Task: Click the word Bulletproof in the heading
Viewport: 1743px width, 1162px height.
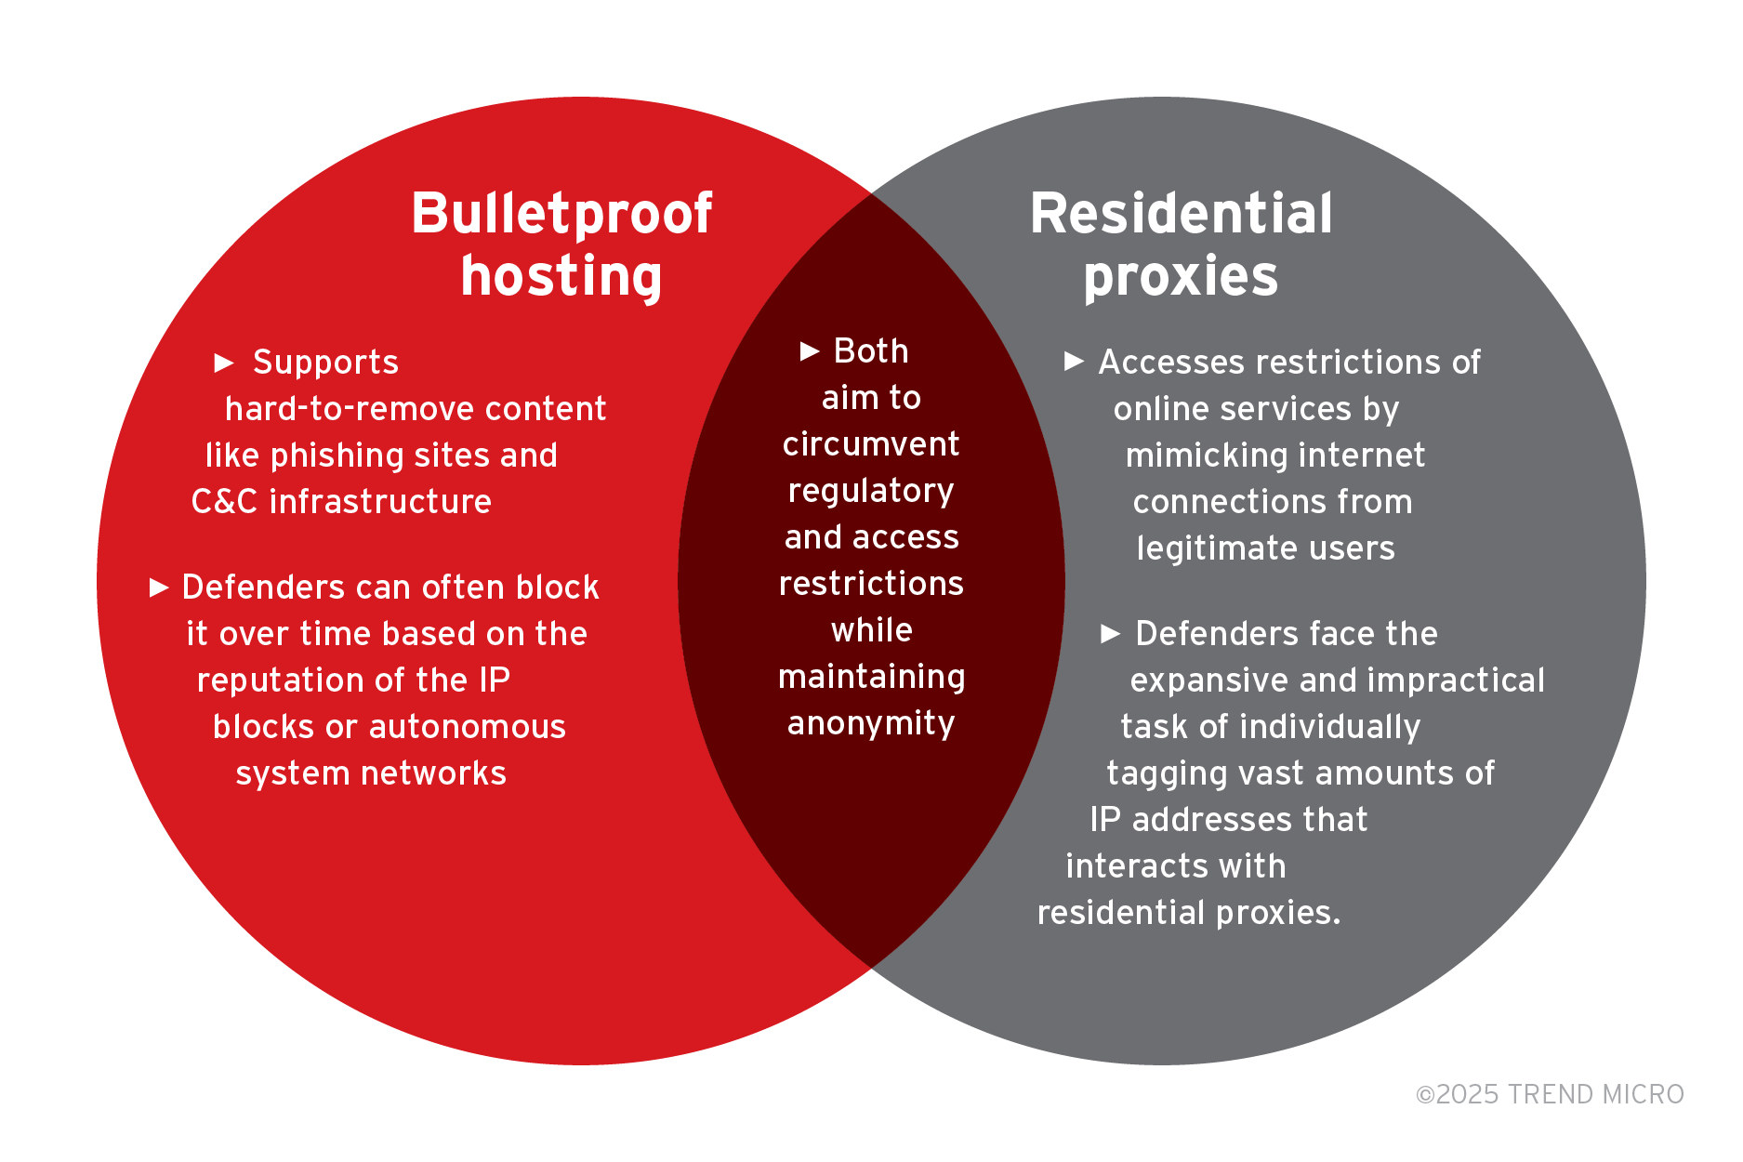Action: pyautogui.click(x=561, y=215)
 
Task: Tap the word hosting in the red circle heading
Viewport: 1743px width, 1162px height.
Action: pyautogui.click(x=561, y=277)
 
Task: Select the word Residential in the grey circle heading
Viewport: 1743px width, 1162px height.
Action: pyautogui.click(x=1181, y=215)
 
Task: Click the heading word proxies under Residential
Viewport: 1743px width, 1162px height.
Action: pyautogui.click(x=1181, y=277)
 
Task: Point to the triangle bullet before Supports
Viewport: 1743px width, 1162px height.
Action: pyautogui.click(x=224, y=363)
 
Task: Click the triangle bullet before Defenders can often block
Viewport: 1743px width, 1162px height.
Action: pyautogui.click(x=159, y=588)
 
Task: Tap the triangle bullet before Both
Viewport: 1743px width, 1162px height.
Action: pyautogui.click(x=810, y=351)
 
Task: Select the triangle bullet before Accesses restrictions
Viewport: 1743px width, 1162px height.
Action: pyautogui.click(x=1074, y=362)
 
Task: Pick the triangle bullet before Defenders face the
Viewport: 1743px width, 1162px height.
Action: pyautogui.click(x=1111, y=634)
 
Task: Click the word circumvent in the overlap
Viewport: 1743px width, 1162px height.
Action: pyautogui.click(x=871, y=444)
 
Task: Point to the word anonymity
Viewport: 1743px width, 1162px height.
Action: pyautogui.click(x=871, y=724)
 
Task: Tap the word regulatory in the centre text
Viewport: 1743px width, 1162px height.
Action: pyautogui.click(x=871, y=492)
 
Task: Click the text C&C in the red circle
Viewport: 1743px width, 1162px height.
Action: pyautogui.click(x=224, y=502)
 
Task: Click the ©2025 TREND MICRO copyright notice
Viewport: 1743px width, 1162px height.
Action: pyautogui.click(x=1549, y=1094)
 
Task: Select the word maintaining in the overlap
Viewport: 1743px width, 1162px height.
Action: pyautogui.click(x=871, y=678)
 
